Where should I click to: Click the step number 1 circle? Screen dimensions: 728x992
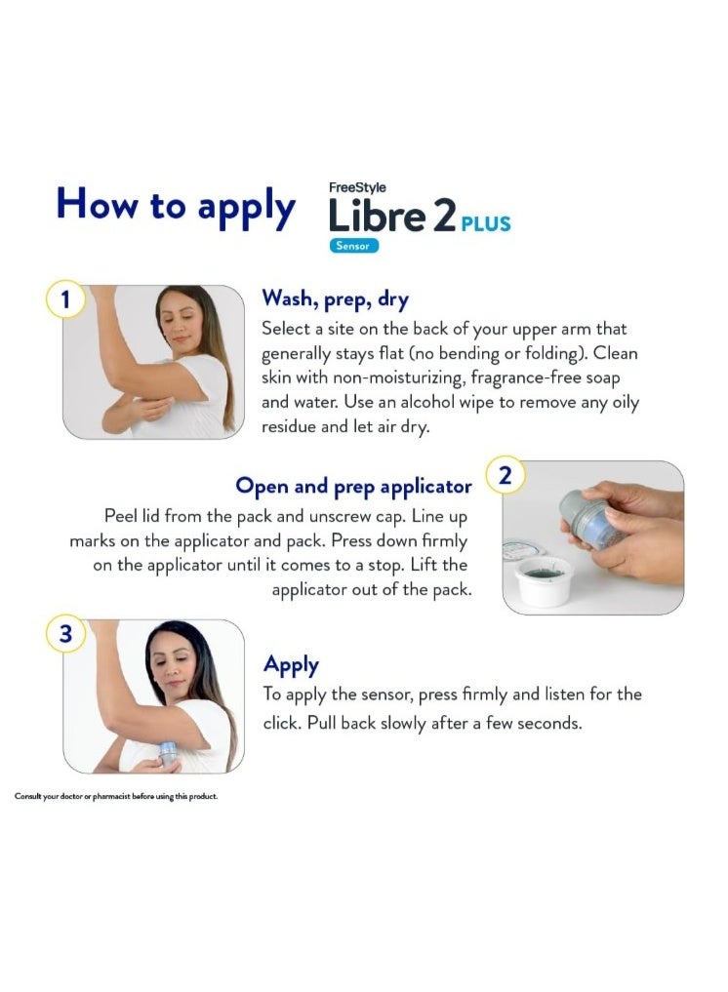point(65,298)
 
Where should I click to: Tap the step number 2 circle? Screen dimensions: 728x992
point(505,475)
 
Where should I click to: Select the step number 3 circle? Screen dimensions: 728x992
point(65,633)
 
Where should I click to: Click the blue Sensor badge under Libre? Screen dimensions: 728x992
point(353,246)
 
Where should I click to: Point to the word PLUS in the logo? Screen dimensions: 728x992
point(486,224)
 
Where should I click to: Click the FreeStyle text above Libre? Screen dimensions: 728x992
point(357,187)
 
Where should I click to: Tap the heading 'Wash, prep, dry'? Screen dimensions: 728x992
point(335,299)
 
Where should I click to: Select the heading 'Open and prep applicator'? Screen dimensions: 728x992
point(353,487)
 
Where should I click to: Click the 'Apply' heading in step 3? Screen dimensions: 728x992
point(291,665)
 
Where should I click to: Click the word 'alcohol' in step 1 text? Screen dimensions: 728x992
point(427,403)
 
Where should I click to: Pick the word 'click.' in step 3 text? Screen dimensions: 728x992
point(282,723)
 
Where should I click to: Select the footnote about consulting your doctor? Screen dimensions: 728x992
point(116,796)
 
